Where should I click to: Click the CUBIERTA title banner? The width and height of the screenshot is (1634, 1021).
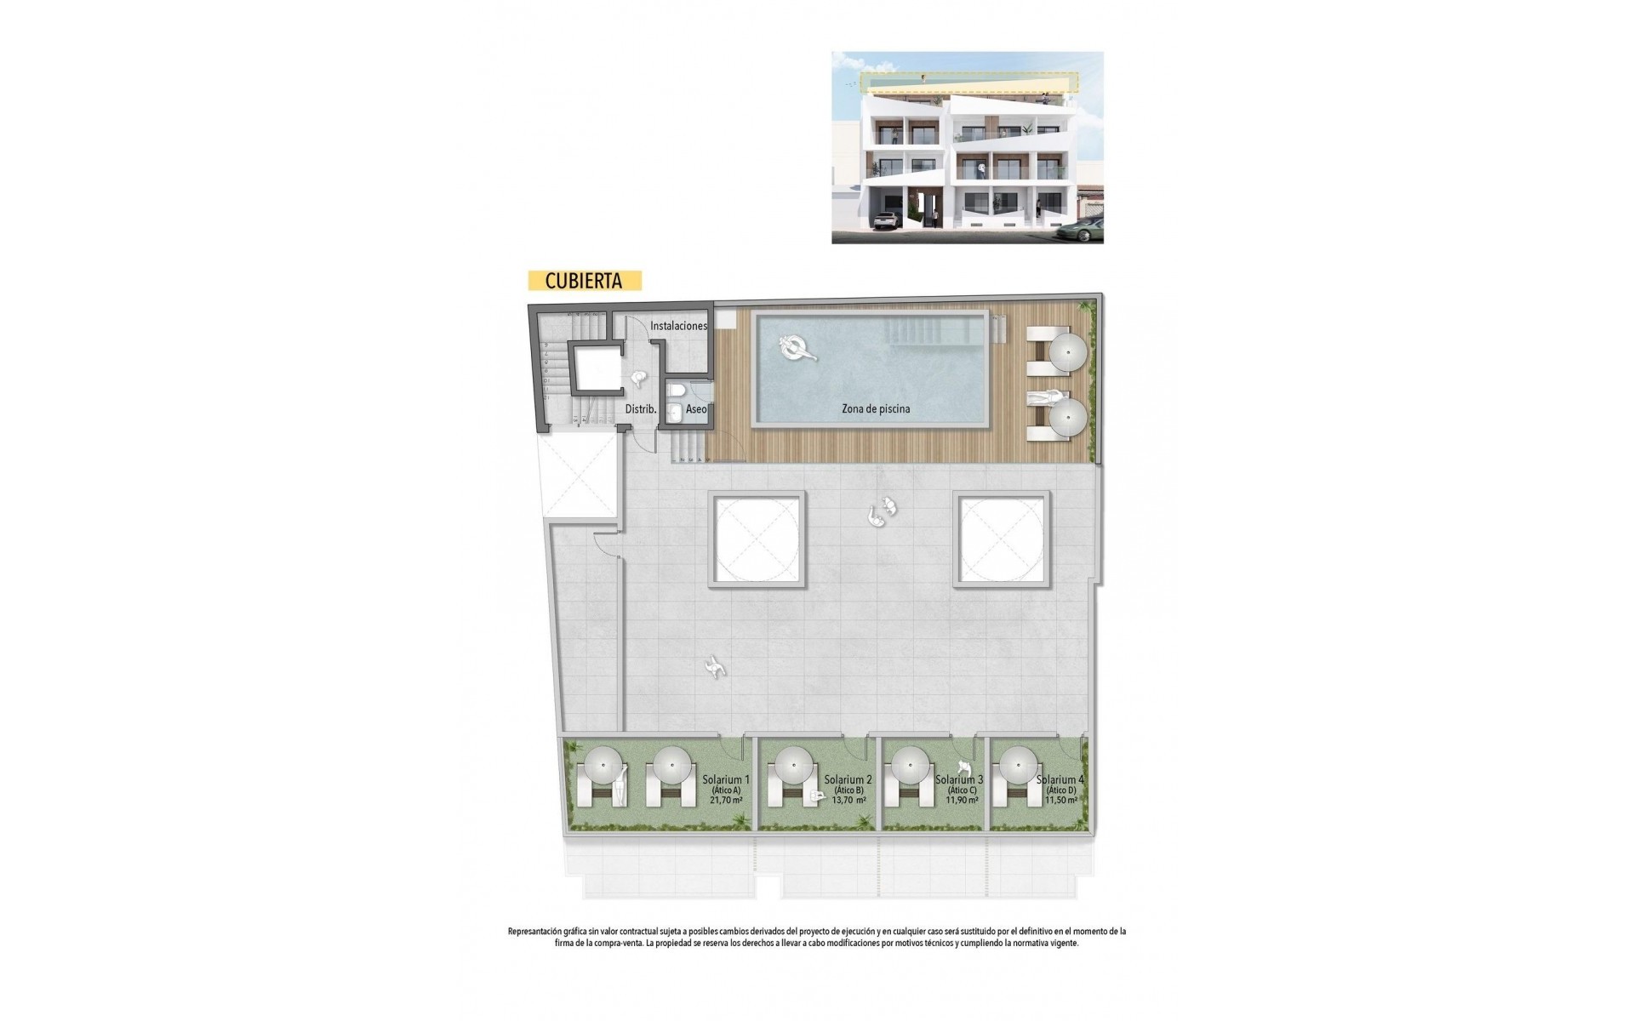584,281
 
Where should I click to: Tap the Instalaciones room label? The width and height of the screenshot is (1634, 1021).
678,326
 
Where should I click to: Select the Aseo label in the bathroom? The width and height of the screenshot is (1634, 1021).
695,409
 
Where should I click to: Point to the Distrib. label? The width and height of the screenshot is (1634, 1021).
641,409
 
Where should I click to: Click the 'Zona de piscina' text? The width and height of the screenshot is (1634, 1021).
875,409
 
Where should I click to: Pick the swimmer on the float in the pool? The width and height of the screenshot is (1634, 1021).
797,347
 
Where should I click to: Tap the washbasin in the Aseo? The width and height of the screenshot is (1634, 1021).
675,414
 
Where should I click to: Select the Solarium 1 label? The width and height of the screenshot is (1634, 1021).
726,779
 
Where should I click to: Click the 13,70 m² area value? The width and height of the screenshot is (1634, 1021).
848,801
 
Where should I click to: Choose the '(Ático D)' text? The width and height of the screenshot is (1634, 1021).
1060,790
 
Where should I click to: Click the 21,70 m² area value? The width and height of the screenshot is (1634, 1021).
726,801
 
